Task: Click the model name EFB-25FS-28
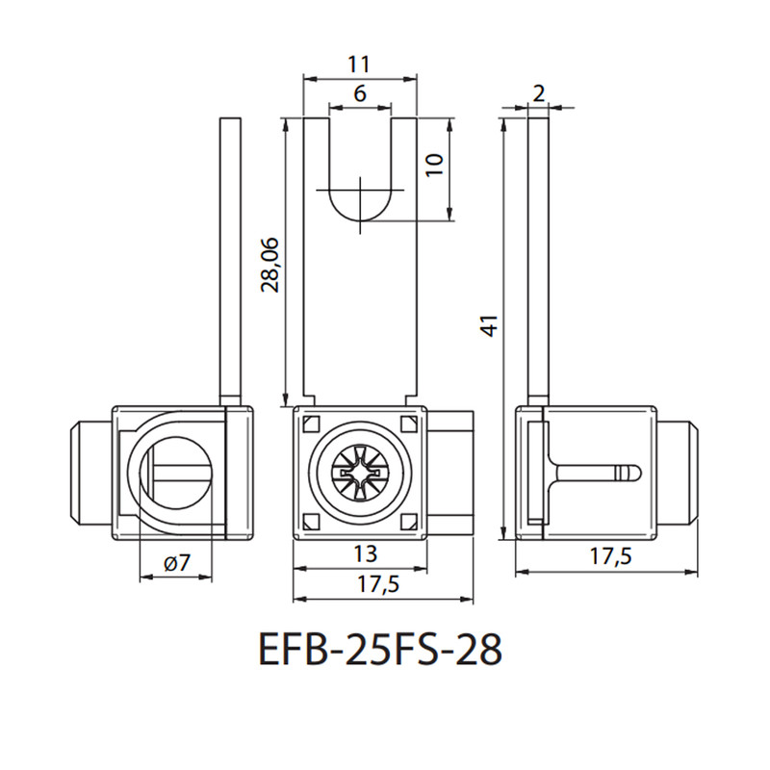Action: pyautogui.click(x=380, y=649)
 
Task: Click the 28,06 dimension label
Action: pyautogui.click(x=269, y=265)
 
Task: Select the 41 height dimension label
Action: pyautogui.click(x=490, y=325)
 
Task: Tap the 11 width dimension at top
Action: pyautogui.click(x=358, y=64)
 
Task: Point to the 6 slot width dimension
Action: pyautogui.click(x=360, y=92)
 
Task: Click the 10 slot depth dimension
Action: pyautogui.click(x=434, y=165)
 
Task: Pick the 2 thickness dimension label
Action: pyautogui.click(x=539, y=93)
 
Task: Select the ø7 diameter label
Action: pyautogui.click(x=177, y=562)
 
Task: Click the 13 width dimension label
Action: pyautogui.click(x=366, y=554)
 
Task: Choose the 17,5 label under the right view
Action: pyautogui.click(x=610, y=556)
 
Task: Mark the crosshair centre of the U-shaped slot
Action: pyautogui.click(x=360, y=190)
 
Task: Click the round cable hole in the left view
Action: pyautogui.click(x=176, y=473)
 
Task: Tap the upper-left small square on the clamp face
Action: pyautogui.click(x=311, y=423)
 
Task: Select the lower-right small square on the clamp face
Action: pyautogui.click(x=408, y=522)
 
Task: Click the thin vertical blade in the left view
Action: pyautogui.click(x=231, y=262)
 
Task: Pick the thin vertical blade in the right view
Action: pyautogui.click(x=538, y=262)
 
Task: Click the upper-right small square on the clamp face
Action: pyautogui.click(x=408, y=423)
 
